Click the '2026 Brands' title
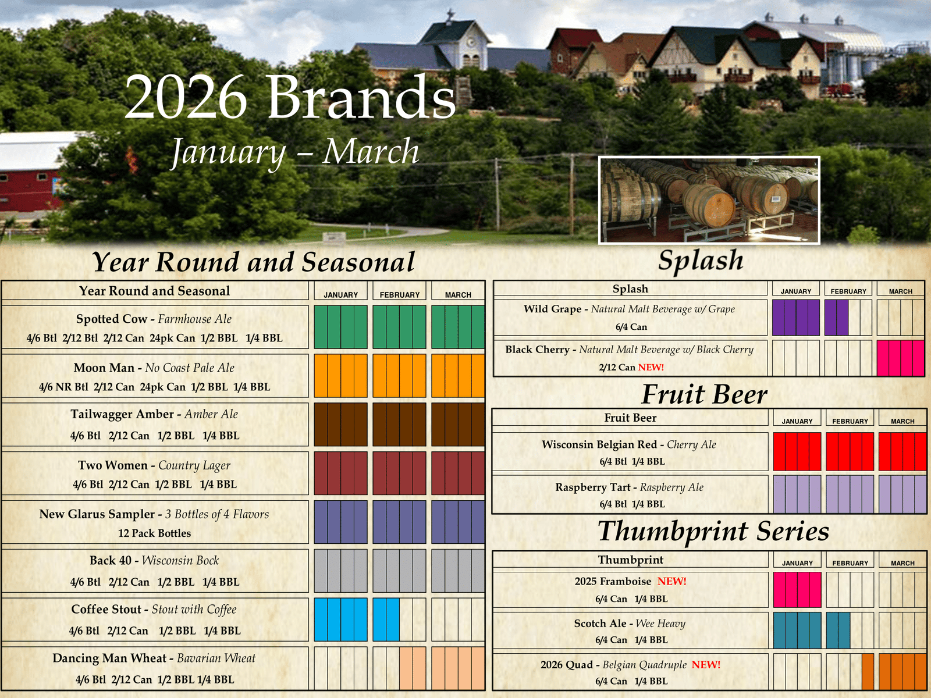pyautogui.click(x=290, y=97)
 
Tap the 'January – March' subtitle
pyautogui.click(x=295, y=152)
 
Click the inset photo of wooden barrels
pyautogui.click(x=709, y=200)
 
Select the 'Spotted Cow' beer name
pyautogui.click(x=112, y=319)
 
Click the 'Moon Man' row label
pyautogui.click(x=104, y=368)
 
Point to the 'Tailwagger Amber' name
pyautogui.click(x=122, y=414)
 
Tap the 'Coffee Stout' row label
pyautogui.click(x=106, y=609)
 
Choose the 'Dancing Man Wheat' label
pyautogui.click(x=109, y=658)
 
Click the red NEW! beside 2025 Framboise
pyautogui.click(x=672, y=581)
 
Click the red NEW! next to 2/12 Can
pyautogui.click(x=651, y=367)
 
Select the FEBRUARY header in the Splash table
pyautogui.click(x=848, y=291)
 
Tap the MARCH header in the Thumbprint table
pyautogui.click(x=902, y=563)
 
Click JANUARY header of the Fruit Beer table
pyautogui.click(x=797, y=421)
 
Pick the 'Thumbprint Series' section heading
pyautogui.click(x=713, y=531)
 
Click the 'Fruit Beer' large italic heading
pyautogui.click(x=704, y=394)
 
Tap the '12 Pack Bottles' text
pyautogui.click(x=154, y=533)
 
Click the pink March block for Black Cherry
pyautogui.click(x=901, y=358)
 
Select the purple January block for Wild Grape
pyautogui.click(x=795, y=318)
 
